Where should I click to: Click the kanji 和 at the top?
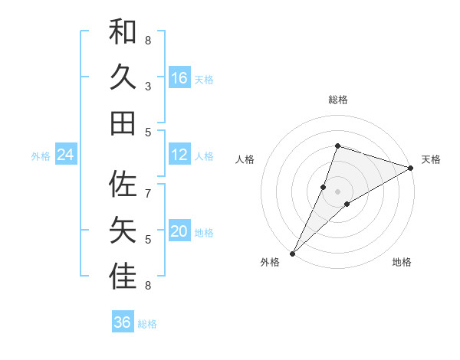(123, 31)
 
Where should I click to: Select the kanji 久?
(123, 77)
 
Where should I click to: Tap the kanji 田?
(123, 123)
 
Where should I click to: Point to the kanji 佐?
(123, 185)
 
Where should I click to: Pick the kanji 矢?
(123, 231)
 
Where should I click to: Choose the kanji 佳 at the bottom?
(123, 277)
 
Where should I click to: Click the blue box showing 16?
(179, 78)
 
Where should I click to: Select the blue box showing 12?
(179, 155)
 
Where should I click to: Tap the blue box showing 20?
(179, 232)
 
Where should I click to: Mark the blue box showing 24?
(66, 155)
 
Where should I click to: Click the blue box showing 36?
(123, 322)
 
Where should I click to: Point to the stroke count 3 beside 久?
(148, 87)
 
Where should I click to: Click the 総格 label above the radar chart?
(337, 100)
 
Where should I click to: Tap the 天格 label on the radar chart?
(432, 159)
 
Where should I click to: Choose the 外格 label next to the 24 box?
(41, 156)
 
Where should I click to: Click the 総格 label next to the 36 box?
(147, 324)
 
